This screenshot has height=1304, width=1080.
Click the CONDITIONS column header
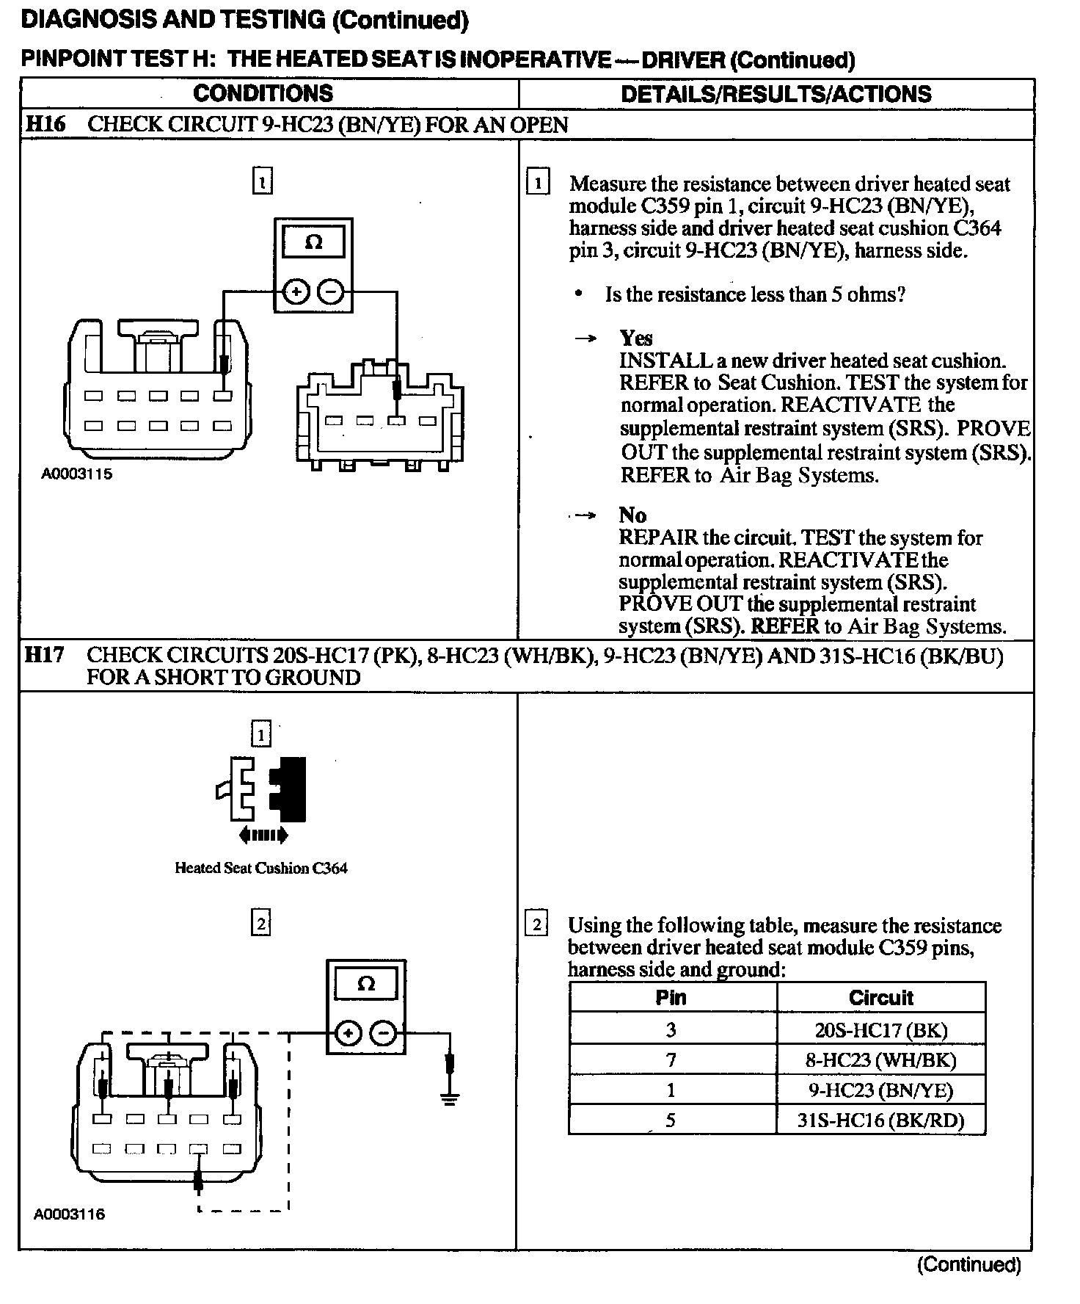click(263, 94)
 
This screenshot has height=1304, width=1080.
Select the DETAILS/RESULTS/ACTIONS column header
click(776, 94)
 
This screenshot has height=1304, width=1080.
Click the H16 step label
click(45, 124)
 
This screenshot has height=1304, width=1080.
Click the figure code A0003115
click(77, 474)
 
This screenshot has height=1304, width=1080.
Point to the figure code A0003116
click(70, 1214)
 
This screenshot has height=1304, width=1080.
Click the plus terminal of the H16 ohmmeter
click(296, 292)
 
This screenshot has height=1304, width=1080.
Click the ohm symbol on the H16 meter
click(313, 242)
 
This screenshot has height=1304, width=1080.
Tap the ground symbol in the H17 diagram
click(450, 1098)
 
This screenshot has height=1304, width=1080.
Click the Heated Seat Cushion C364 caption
click(261, 868)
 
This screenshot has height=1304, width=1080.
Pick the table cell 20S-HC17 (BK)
click(880, 1029)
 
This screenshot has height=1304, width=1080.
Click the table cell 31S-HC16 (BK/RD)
click(880, 1120)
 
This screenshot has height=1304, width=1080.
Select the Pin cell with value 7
click(671, 1059)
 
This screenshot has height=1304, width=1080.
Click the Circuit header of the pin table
click(880, 998)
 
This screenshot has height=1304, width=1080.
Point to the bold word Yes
click(635, 338)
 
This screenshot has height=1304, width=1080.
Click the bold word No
click(632, 515)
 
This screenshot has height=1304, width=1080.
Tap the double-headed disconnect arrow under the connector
click(263, 835)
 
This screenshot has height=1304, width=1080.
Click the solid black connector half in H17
click(290, 789)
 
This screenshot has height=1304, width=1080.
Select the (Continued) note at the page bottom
click(968, 1264)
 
